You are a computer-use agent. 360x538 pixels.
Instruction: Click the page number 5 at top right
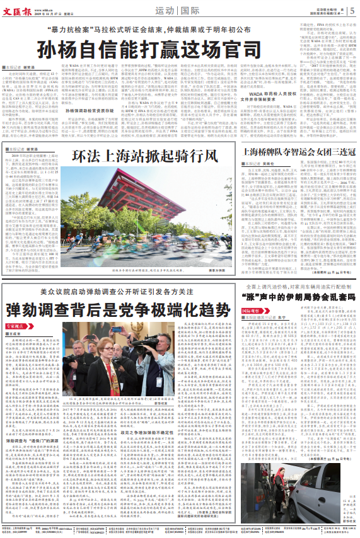(x=352, y=9)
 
